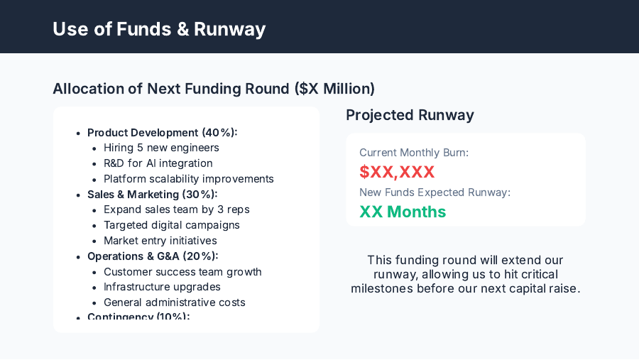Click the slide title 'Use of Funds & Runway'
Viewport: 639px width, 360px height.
159,29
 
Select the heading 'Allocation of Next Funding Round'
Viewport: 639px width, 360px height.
214,89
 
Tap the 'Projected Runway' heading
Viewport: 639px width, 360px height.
410,115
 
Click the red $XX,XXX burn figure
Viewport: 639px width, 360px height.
397,172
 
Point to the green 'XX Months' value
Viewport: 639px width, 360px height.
403,212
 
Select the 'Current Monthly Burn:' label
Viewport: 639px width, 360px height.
414,153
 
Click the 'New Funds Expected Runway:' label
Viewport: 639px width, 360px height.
435,192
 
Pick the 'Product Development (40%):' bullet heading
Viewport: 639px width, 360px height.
162,133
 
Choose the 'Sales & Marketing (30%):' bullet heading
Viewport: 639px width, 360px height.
152,195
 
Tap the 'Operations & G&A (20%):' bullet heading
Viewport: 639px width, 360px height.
153,256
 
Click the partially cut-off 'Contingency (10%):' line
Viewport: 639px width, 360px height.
138,317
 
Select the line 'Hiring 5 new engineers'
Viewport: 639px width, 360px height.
161,148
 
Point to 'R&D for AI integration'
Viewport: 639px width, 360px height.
158,163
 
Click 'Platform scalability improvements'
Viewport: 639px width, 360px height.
189,179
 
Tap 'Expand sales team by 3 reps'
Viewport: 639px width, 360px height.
177,209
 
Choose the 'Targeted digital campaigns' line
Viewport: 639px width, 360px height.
172,225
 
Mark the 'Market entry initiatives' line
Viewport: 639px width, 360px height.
160,241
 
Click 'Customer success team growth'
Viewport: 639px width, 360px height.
182,272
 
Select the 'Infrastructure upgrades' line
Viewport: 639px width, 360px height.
162,287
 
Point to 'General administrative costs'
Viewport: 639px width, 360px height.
175,302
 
